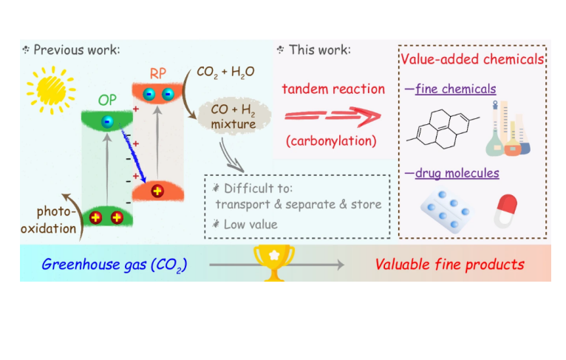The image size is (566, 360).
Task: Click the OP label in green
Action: click(107, 99)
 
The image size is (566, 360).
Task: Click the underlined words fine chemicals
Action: click(455, 89)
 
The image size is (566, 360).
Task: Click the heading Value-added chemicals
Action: click(473, 58)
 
